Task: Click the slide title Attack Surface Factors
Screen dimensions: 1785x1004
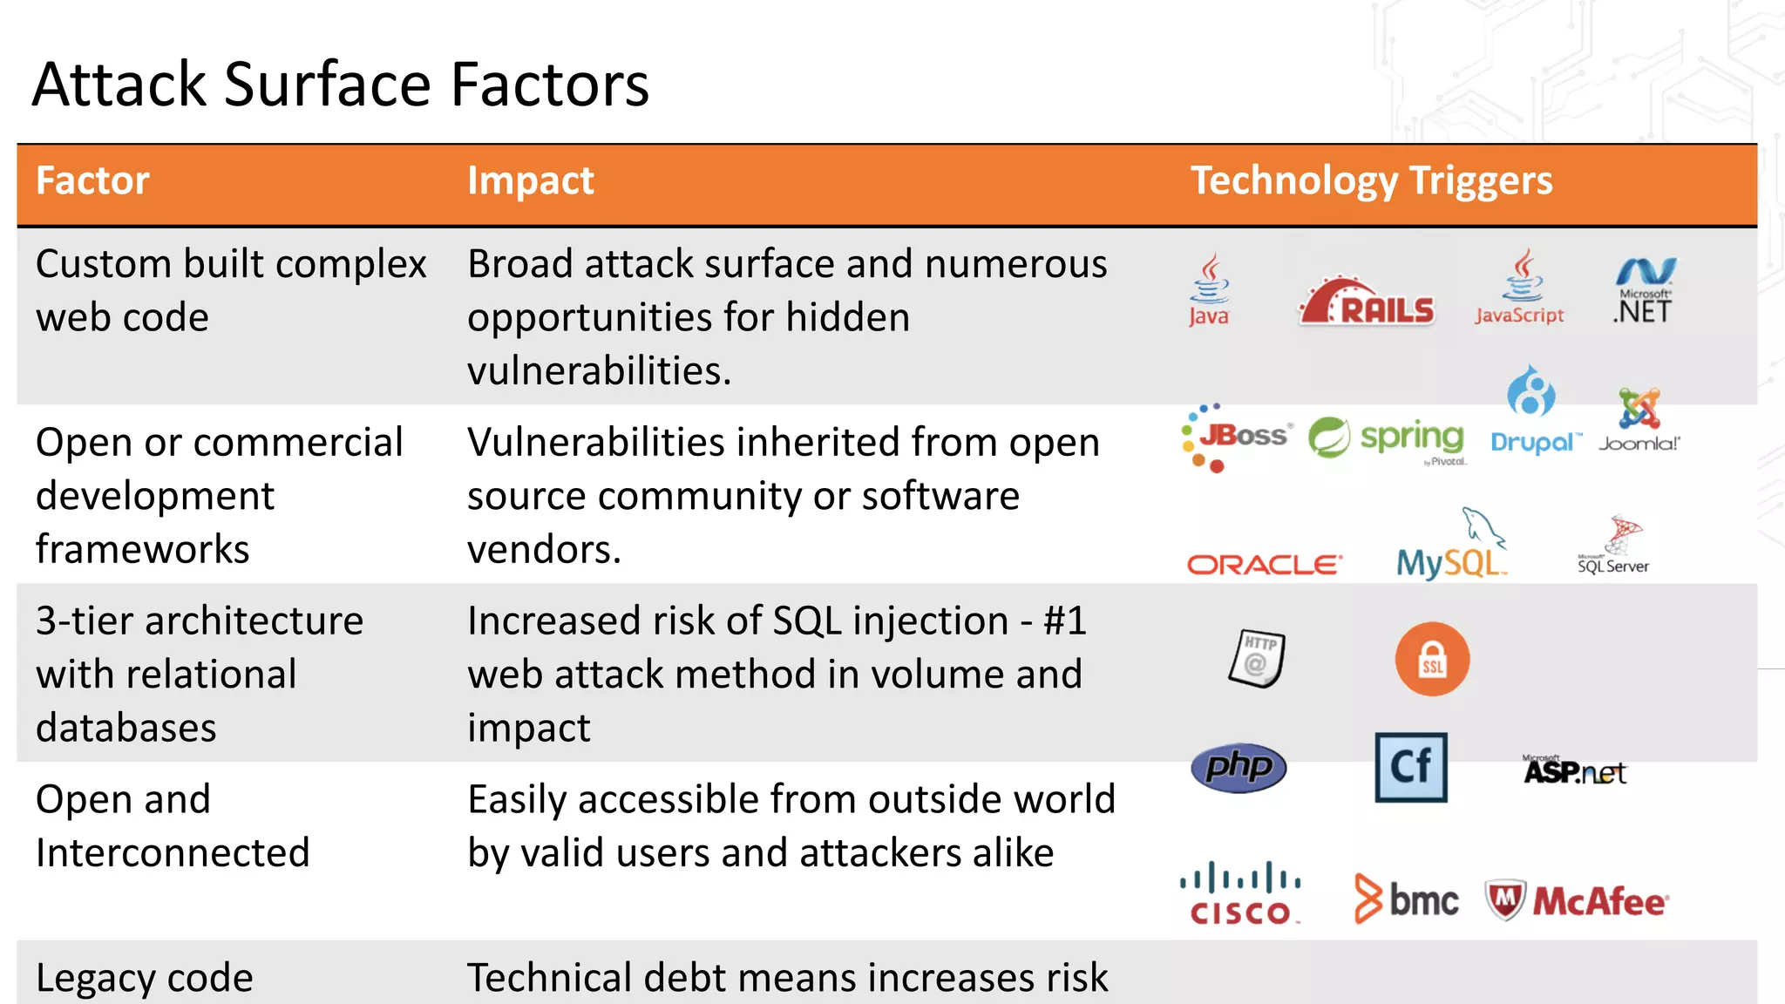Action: tap(340, 85)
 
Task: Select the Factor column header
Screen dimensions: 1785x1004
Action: tap(92, 181)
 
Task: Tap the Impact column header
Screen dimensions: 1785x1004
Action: tap(530, 181)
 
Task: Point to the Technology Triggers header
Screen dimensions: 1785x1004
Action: tap(1371, 181)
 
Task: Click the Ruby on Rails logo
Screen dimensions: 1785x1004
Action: tap(1366, 303)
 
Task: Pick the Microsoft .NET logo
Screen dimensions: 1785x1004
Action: tap(1644, 292)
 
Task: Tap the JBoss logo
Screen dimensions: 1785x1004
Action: tap(1237, 436)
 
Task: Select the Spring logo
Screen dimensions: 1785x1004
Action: tap(1387, 438)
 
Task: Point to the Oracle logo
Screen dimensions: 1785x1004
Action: tap(1264, 566)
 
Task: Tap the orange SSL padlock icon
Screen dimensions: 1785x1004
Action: tap(1432, 659)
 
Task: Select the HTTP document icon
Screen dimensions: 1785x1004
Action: tap(1257, 658)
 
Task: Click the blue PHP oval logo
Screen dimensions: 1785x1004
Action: tap(1239, 768)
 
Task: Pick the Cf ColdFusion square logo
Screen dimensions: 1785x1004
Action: tap(1411, 768)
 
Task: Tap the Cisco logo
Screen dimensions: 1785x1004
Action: tap(1240, 894)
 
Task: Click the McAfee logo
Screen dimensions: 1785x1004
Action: tap(1577, 901)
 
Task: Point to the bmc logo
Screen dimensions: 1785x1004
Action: tap(1406, 899)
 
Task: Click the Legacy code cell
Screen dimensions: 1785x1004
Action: tap(145, 978)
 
